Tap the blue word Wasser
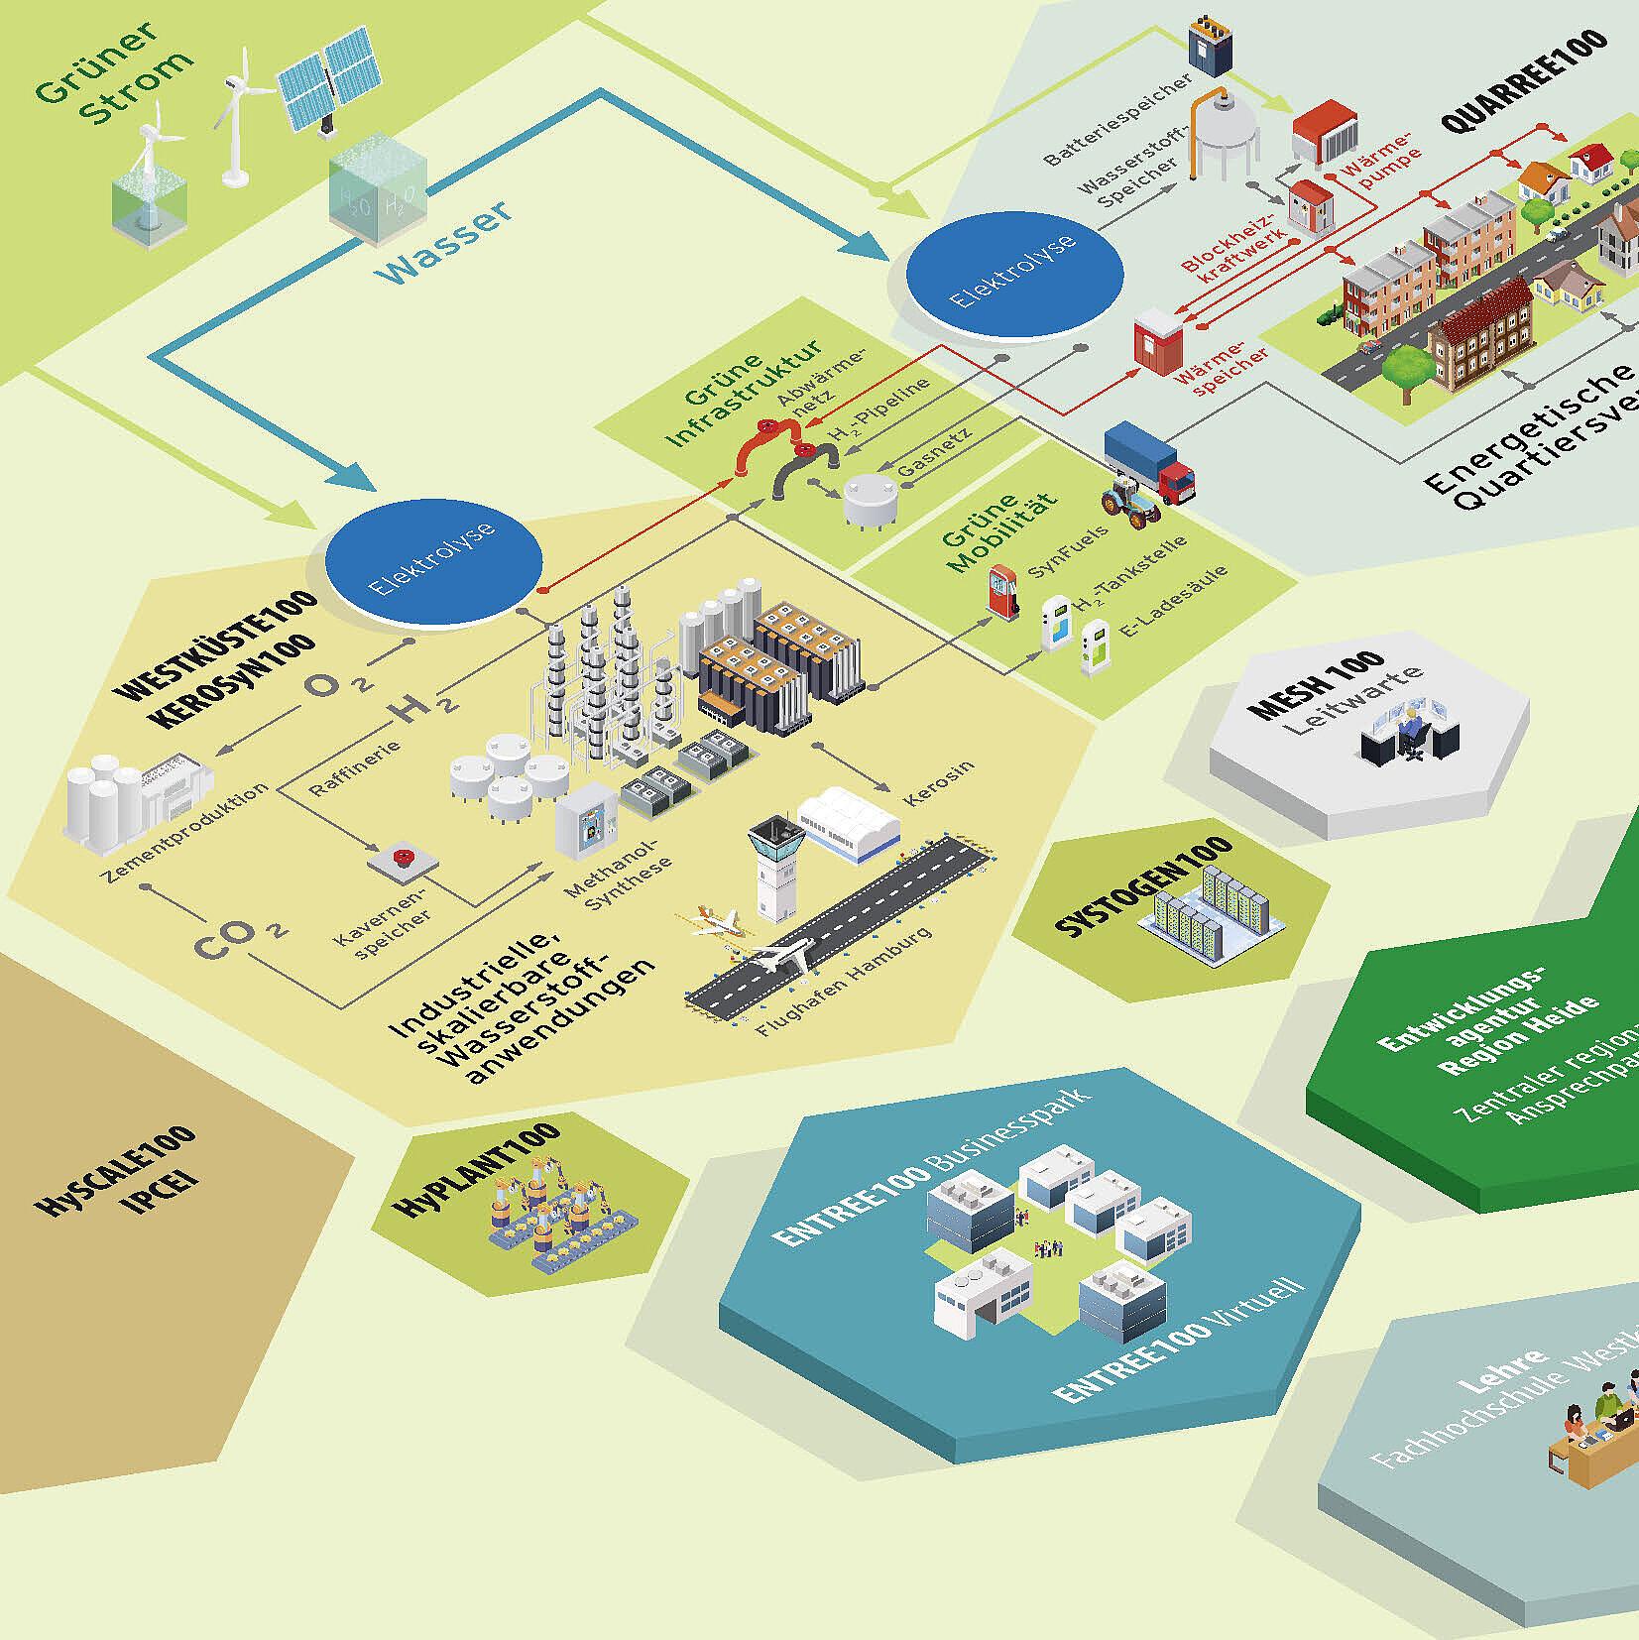click(445, 242)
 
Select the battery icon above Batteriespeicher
click(1211, 46)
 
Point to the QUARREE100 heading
click(1523, 81)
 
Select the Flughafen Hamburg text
click(844, 982)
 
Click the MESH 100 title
click(1316, 684)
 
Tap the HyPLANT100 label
click(477, 1169)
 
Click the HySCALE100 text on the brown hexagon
click(115, 1170)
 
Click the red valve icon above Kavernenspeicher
click(403, 856)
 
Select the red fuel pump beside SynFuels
click(1002, 591)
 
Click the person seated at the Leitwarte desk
click(1409, 735)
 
